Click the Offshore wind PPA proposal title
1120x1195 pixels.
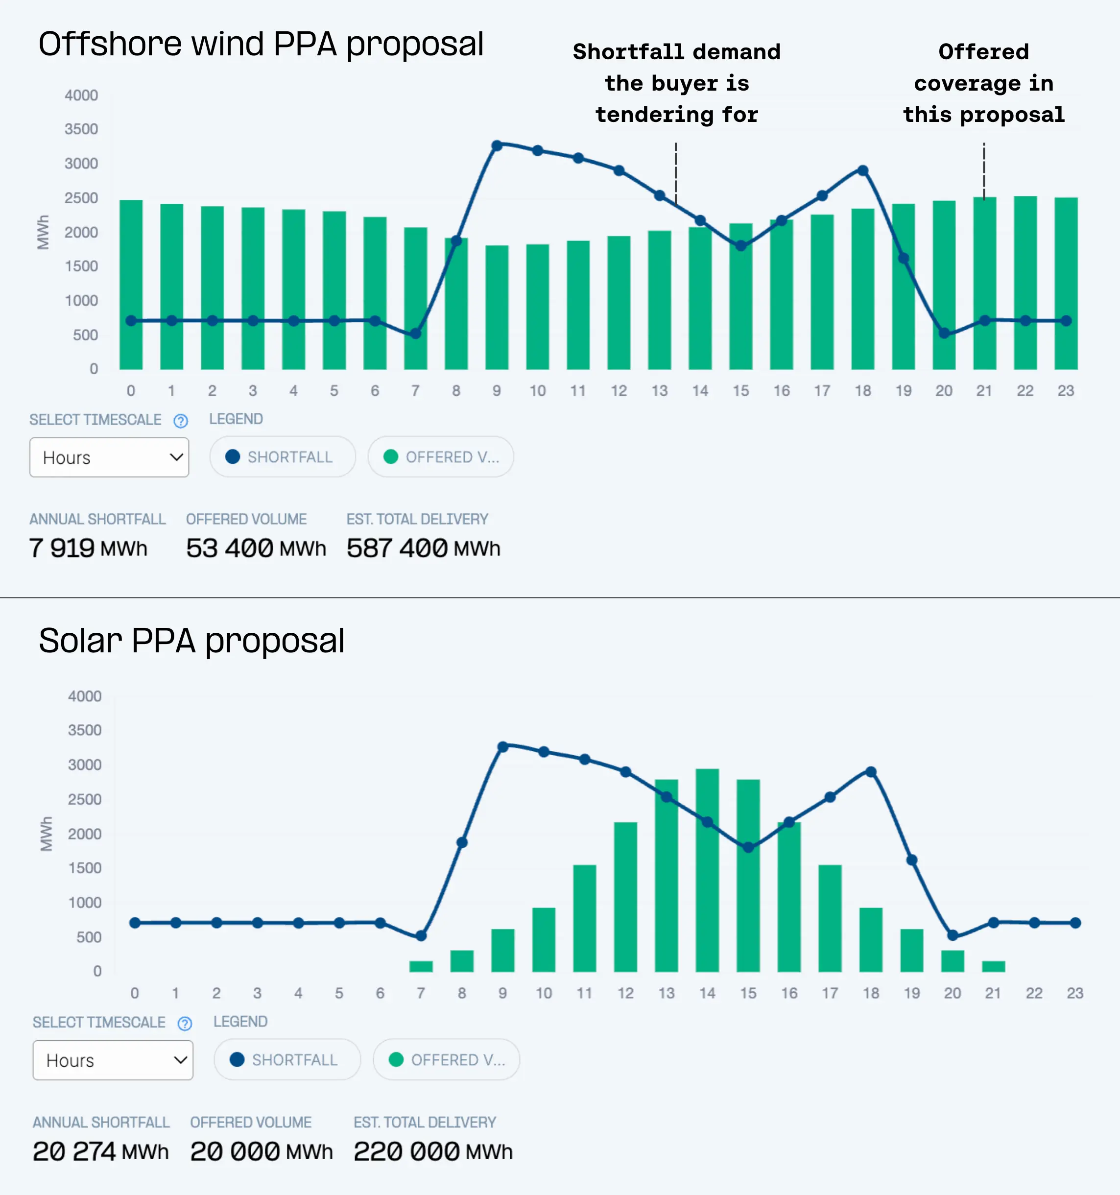[x=261, y=44]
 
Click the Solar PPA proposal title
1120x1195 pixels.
[x=191, y=640]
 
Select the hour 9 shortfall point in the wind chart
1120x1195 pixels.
[x=497, y=145]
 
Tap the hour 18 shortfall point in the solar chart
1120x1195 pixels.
[x=871, y=771]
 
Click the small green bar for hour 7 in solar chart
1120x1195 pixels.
[x=421, y=966]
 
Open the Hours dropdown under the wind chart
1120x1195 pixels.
[x=109, y=457]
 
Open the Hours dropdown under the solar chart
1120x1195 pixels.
[x=113, y=1060]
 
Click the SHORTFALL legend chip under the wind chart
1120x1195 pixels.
[x=282, y=457]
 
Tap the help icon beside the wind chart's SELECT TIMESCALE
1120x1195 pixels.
[x=180, y=421]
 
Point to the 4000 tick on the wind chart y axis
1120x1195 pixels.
[x=81, y=96]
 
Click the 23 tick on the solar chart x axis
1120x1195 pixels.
[x=1074, y=993]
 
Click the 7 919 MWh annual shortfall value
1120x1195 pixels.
[x=88, y=548]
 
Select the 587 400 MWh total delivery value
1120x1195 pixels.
[x=423, y=548]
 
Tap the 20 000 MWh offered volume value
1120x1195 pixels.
[x=261, y=1151]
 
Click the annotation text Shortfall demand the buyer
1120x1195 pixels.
[x=676, y=83]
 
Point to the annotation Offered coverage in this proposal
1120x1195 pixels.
[x=983, y=83]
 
